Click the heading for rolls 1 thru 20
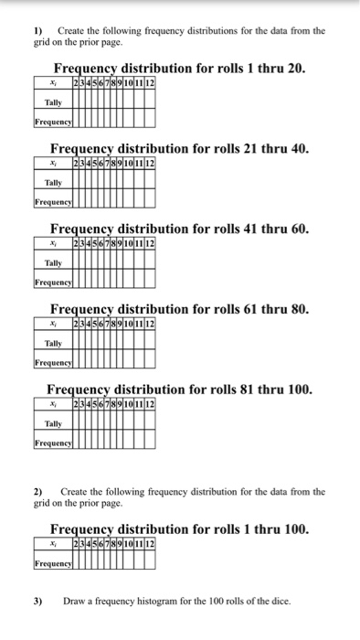179,69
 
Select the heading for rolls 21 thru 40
179,148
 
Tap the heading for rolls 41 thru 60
179,229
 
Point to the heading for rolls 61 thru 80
179,309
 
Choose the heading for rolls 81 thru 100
179,389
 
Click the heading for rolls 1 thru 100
179,528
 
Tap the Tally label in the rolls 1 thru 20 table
54,102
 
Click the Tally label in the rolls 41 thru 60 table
54,263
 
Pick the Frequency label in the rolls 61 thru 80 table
54,362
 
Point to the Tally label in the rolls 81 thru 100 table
54,423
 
